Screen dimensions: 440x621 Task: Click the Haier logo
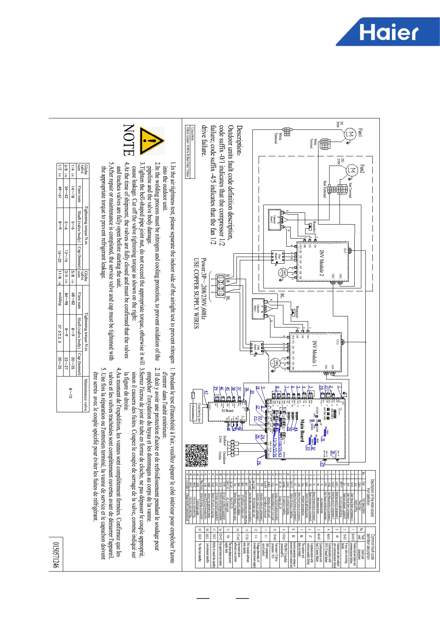pos(388,32)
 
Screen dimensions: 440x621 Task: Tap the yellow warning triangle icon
pos(151,141)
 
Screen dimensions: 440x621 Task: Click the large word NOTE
pos(129,140)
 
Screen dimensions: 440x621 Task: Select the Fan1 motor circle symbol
pos(349,134)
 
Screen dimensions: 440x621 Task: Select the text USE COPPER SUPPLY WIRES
pos(197,293)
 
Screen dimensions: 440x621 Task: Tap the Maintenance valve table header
pos(85,395)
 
